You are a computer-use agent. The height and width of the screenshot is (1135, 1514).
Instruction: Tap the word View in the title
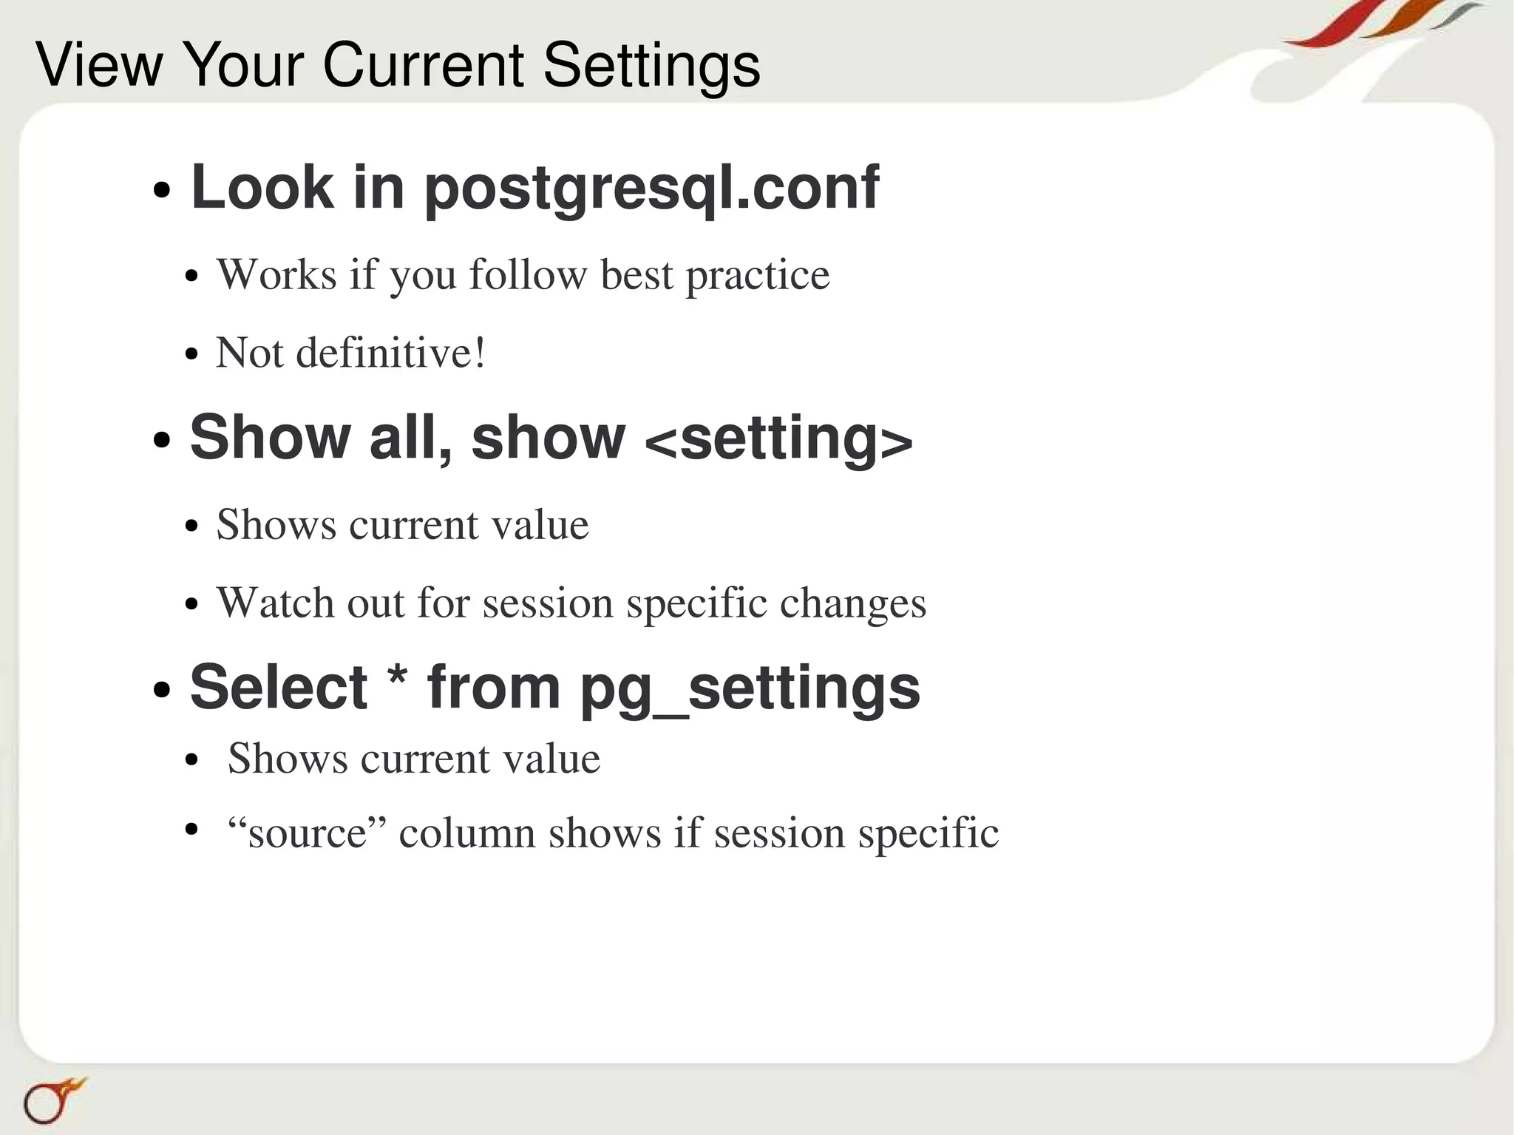pyautogui.click(x=98, y=65)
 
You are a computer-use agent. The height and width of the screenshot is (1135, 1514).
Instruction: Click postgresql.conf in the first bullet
pyautogui.click(x=651, y=189)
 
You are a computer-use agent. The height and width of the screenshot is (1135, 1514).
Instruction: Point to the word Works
pyautogui.click(x=276, y=275)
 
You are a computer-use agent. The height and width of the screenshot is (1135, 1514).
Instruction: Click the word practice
pyautogui.click(x=758, y=277)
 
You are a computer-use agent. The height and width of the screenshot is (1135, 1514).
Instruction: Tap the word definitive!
pyautogui.click(x=391, y=353)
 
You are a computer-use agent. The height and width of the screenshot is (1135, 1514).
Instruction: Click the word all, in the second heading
pyautogui.click(x=411, y=438)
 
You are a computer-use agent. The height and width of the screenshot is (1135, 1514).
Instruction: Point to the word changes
pyautogui.click(x=852, y=604)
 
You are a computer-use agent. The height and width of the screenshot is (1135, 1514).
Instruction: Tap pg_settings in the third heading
pyautogui.click(x=750, y=688)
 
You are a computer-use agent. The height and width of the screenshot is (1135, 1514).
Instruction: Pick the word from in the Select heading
pyautogui.click(x=494, y=688)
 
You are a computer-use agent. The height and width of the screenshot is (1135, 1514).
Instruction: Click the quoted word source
pyautogui.click(x=308, y=834)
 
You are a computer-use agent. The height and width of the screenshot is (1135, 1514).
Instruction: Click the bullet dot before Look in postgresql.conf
pyautogui.click(x=161, y=192)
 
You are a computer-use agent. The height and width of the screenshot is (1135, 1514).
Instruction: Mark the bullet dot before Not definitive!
pyautogui.click(x=192, y=354)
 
